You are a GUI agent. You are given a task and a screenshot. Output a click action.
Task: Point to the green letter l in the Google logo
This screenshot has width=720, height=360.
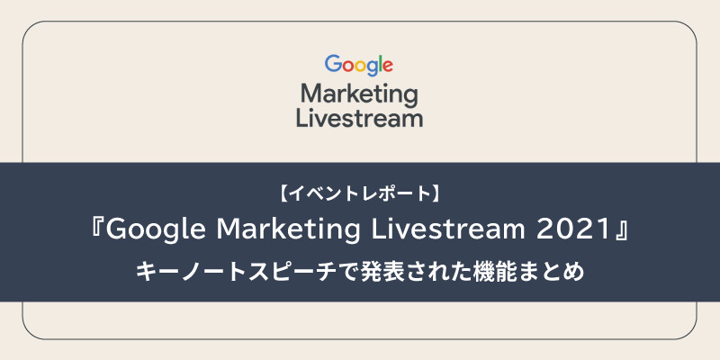click(x=379, y=64)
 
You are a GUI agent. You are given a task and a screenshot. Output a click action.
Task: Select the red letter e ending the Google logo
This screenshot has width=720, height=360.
click(x=387, y=67)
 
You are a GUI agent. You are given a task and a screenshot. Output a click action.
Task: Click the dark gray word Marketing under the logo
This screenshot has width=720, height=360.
click(x=359, y=96)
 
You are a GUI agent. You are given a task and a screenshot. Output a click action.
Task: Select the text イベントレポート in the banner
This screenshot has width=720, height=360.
click(x=359, y=193)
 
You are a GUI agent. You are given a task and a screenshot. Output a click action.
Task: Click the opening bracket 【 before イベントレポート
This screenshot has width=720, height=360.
click(x=283, y=193)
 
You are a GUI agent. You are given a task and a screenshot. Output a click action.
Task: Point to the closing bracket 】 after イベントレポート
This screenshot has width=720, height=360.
click(x=436, y=193)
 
